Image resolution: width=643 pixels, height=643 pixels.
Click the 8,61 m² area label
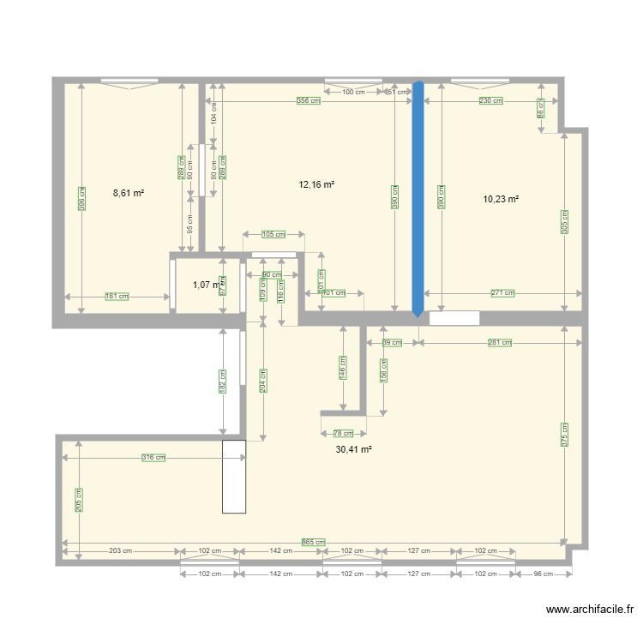click(x=128, y=194)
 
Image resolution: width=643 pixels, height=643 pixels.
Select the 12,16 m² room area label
click(x=315, y=184)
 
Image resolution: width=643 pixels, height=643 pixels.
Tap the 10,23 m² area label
click(x=502, y=199)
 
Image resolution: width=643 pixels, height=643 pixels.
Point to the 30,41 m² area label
click(x=353, y=448)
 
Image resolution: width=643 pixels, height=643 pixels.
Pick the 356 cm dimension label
click(x=309, y=100)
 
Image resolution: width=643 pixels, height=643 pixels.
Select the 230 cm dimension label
click(x=490, y=100)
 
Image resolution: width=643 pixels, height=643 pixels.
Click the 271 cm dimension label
click(x=503, y=293)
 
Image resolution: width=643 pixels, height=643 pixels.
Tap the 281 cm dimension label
click(x=499, y=343)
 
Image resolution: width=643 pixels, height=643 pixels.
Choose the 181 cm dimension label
click(x=117, y=297)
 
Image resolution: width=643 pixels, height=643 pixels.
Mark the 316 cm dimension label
click(x=153, y=458)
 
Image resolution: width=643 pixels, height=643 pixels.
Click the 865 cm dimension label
click(x=314, y=542)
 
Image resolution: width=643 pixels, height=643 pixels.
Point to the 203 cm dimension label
click(x=121, y=551)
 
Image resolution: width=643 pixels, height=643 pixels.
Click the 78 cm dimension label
click(x=343, y=434)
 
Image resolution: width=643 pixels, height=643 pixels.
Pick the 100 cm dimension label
click(x=354, y=92)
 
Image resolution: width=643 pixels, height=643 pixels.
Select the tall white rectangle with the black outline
click(x=234, y=477)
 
